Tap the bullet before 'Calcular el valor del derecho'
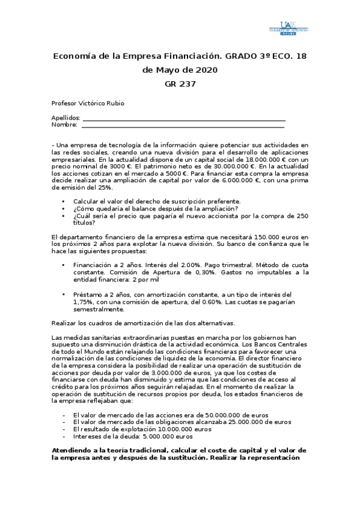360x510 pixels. coord(63,201)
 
